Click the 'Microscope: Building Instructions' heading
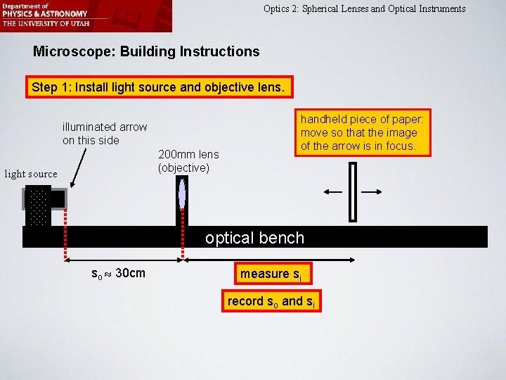click(x=146, y=51)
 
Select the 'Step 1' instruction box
click(x=158, y=88)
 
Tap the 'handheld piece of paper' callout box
click(x=363, y=132)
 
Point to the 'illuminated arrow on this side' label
click(x=105, y=134)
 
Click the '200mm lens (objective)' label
click(x=188, y=161)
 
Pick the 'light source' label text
click(x=31, y=174)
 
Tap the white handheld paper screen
click(x=353, y=191)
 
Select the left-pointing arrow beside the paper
click(x=332, y=191)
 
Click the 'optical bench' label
click(x=254, y=238)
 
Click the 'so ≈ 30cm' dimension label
click(x=119, y=273)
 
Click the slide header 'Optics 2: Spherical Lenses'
click(x=364, y=9)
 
